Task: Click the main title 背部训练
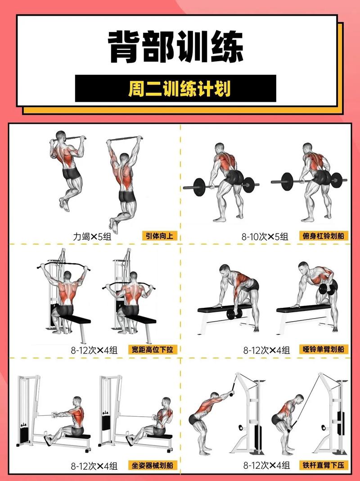[176, 46]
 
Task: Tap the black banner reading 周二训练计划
[175, 89]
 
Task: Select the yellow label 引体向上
[160, 235]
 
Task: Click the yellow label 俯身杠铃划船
[324, 235]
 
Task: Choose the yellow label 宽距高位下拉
[153, 349]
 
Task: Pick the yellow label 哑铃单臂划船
[324, 349]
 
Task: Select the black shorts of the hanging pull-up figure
[127, 196]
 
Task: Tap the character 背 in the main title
[125, 46]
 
